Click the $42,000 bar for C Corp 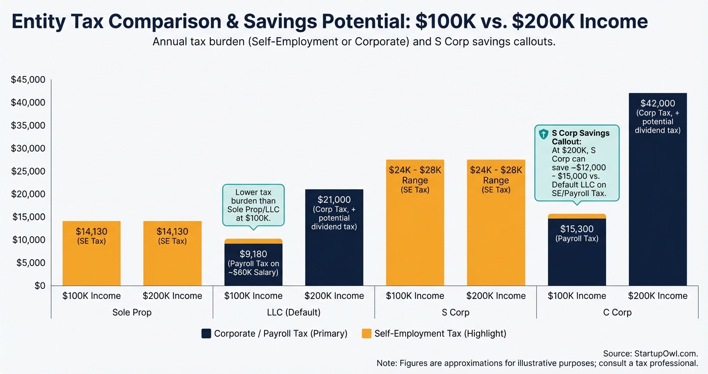(657, 199)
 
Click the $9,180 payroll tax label (253, 254)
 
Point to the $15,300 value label (577, 229)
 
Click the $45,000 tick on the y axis (28, 80)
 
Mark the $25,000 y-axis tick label (28, 171)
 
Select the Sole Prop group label (132, 312)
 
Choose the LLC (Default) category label (293, 312)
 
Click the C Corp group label (617, 312)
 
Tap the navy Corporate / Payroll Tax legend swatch (206, 334)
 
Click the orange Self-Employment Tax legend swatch (366, 334)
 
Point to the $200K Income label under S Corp (496, 296)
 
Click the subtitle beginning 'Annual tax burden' (354, 42)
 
